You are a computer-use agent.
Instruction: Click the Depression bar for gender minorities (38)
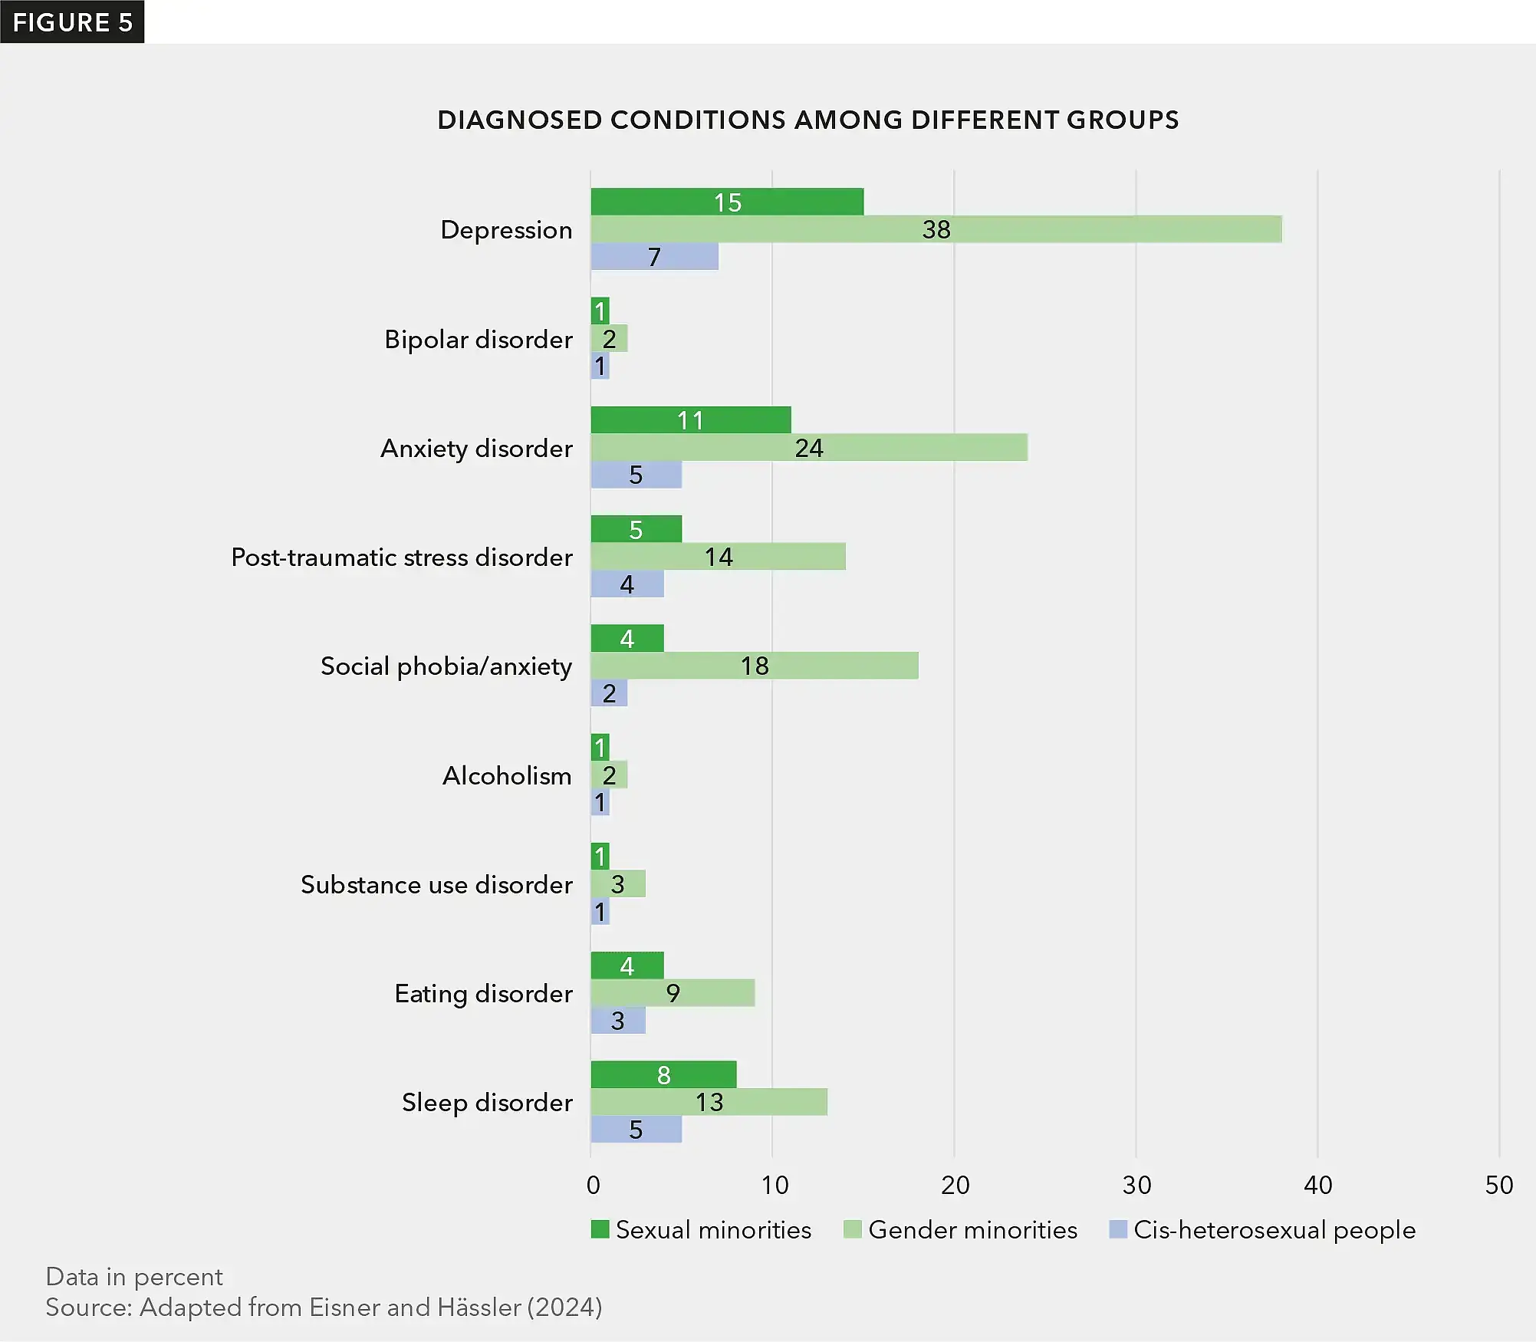point(936,229)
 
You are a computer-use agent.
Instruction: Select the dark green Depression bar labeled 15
point(727,202)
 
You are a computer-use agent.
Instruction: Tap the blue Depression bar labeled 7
point(654,257)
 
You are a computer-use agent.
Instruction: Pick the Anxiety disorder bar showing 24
point(809,447)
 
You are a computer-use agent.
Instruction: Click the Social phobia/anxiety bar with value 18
point(755,666)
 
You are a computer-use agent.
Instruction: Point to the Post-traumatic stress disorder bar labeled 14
point(718,557)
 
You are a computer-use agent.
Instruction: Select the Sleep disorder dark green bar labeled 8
point(663,1074)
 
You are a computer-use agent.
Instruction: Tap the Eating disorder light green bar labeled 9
point(673,993)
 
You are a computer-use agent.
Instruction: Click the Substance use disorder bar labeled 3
point(618,884)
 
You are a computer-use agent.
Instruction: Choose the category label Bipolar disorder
point(478,339)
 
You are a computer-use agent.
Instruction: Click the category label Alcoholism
point(506,775)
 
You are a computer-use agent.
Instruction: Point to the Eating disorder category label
point(483,993)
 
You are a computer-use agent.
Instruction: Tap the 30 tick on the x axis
point(1136,1185)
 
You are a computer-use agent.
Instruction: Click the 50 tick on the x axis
point(1498,1185)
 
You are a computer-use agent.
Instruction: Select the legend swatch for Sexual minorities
point(600,1229)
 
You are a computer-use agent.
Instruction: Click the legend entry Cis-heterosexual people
point(1274,1229)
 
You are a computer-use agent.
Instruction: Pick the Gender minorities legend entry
point(972,1229)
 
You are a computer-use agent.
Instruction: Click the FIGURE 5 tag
point(72,21)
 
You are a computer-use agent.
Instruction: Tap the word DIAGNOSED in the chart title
point(519,120)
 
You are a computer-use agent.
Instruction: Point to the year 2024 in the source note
point(564,1307)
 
